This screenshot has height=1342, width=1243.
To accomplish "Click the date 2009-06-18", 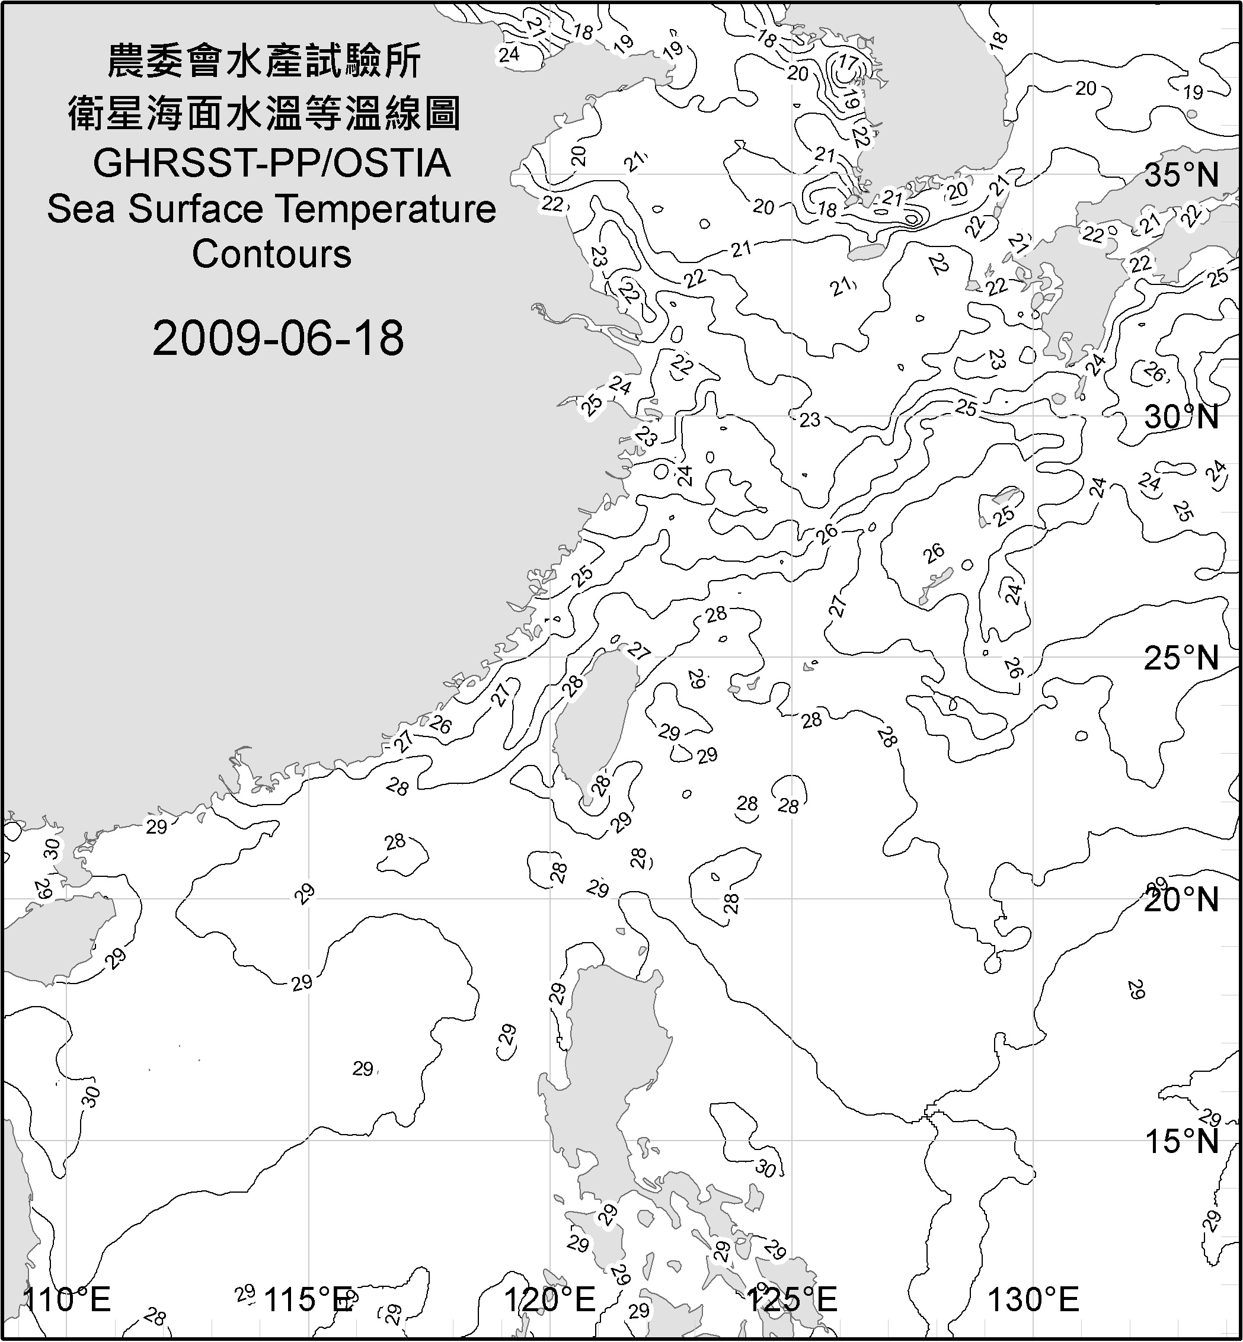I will (x=278, y=338).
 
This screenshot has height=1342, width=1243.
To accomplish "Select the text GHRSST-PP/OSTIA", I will (x=271, y=164).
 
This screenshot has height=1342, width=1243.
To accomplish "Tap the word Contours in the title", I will (x=271, y=254).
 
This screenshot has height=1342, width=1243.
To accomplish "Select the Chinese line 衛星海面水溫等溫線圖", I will (x=264, y=113).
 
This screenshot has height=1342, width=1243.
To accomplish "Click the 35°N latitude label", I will (x=1181, y=175).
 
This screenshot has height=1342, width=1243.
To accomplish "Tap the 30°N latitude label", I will (x=1181, y=418).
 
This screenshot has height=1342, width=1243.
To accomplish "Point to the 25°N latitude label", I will (x=1181, y=658).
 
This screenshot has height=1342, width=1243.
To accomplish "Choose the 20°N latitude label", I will (x=1181, y=899).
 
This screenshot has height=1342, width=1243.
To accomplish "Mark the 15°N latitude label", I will (x=1181, y=1141).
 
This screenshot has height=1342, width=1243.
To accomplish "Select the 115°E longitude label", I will (x=309, y=1299).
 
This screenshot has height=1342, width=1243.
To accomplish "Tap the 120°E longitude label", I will (x=550, y=1299).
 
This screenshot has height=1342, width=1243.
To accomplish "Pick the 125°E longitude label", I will (x=792, y=1299).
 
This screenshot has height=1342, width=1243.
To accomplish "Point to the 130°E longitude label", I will (x=1033, y=1299).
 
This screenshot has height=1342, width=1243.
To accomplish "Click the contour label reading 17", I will (x=848, y=64).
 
